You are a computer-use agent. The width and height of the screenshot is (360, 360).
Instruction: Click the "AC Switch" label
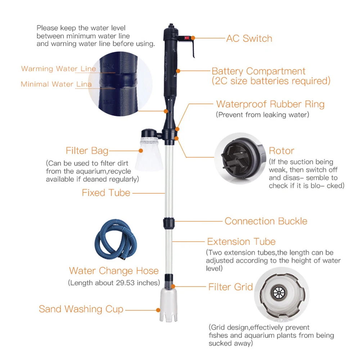click(x=249, y=39)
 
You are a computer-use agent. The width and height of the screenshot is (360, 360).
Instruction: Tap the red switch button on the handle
click(x=186, y=38)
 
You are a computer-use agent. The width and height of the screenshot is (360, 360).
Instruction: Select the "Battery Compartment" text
click(x=258, y=71)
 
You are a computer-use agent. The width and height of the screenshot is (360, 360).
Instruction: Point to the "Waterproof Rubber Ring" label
click(x=270, y=104)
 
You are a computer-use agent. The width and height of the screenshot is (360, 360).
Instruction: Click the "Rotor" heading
click(x=282, y=151)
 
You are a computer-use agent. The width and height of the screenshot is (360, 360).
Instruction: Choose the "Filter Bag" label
click(x=87, y=151)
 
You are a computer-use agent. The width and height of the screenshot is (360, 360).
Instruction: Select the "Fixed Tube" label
click(x=106, y=193)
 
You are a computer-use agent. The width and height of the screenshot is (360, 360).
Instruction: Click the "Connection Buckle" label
click(x=266, y=221)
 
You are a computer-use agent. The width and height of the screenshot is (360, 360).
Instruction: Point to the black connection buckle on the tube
click(x=169, y=224)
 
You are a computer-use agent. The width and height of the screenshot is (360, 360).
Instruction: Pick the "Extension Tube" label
click(x=241, y=242)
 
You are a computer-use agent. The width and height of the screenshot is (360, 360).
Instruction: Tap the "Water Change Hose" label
click(x=114, y=271)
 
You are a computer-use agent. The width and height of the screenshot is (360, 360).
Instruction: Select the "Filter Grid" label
click(x=230, y=287)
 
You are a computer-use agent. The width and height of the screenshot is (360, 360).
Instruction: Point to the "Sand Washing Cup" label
click(x=81, y=309)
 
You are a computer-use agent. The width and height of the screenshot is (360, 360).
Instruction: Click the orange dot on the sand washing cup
click(x=158, y=310)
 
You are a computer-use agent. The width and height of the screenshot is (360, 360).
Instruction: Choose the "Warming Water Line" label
click(x=59, y=69)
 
